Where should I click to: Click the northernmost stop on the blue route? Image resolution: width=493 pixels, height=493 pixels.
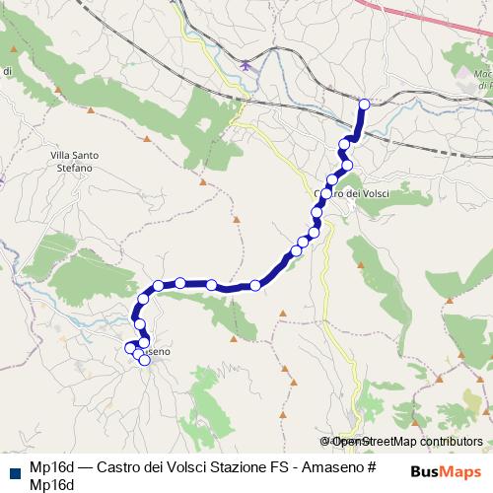pos(364,104)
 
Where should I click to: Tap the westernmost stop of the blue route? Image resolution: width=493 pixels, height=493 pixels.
pos(129,348)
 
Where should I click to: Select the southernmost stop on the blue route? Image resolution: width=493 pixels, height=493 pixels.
pos(145,360)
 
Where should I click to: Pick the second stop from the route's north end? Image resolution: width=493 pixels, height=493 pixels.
pos(344,145)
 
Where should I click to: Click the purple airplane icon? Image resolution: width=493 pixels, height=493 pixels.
pos(245,65)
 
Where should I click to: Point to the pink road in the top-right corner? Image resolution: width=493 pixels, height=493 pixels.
pos(434,25)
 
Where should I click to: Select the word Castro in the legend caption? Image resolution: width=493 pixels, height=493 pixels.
pos(116,466)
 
